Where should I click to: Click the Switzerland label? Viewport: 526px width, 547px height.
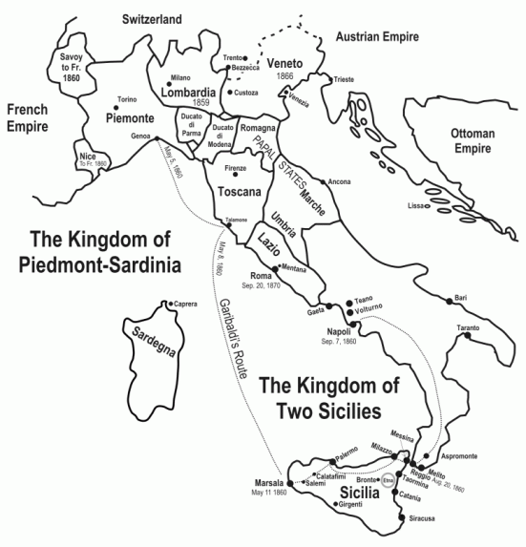[x=153, y=18]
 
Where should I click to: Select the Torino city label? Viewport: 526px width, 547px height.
[x=128, y=99]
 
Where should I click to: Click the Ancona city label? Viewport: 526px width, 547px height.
[x=339, y=181]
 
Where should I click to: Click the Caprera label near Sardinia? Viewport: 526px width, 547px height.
[x=185, y=305]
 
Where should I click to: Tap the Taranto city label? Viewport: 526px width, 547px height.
[x=469, y=328]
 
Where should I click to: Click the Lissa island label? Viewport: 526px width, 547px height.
[x=415, y=205]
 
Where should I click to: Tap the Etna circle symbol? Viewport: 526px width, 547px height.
[x=388, y=483]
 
